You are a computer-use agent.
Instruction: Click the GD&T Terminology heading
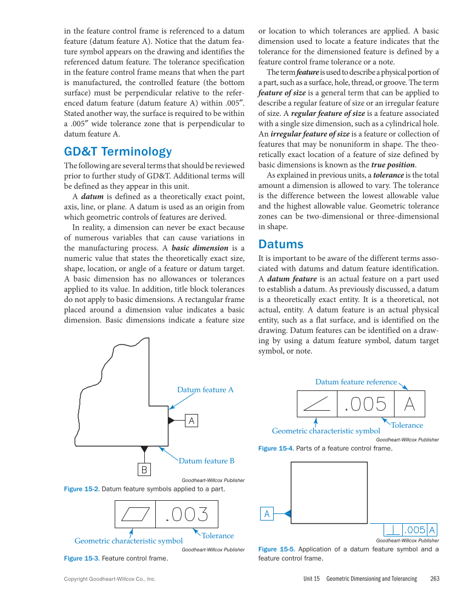pos(118,152)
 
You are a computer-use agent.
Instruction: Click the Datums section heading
pos(280,244)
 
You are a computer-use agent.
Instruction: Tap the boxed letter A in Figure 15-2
pos(192,421)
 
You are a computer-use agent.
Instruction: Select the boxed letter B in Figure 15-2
pos(144,470)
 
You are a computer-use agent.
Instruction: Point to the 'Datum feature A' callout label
pos(205,390)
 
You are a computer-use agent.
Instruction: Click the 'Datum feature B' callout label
pos(206,461)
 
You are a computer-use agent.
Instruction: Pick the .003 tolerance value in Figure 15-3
pos(187,514)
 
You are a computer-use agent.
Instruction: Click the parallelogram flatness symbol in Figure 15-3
pos(136,514)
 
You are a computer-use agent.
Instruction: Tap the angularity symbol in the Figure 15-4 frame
pos(317,404)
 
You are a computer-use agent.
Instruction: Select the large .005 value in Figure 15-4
pos(365,404)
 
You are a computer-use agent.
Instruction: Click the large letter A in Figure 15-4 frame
pos(409,404)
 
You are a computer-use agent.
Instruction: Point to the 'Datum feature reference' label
pos(356,382)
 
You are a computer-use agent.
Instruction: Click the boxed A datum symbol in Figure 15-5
pos(267,514)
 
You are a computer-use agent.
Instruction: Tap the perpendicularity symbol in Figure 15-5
pos(393,530)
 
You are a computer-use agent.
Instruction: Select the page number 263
pos(435,579)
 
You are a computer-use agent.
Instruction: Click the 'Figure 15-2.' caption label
pos(82,489)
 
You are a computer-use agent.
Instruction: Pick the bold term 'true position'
pos(393,165)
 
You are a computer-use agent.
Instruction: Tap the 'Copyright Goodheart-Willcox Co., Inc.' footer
pos(110,579)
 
